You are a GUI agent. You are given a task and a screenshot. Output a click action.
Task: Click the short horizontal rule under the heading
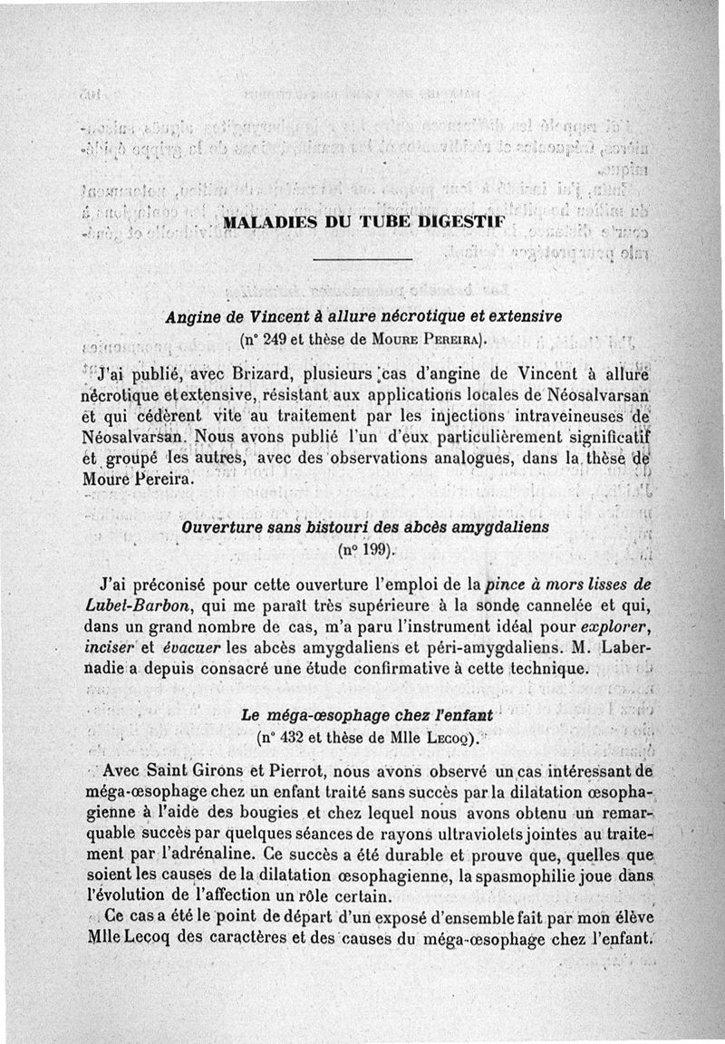[362, 261]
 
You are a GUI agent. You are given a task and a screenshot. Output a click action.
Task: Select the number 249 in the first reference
[277, 341]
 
